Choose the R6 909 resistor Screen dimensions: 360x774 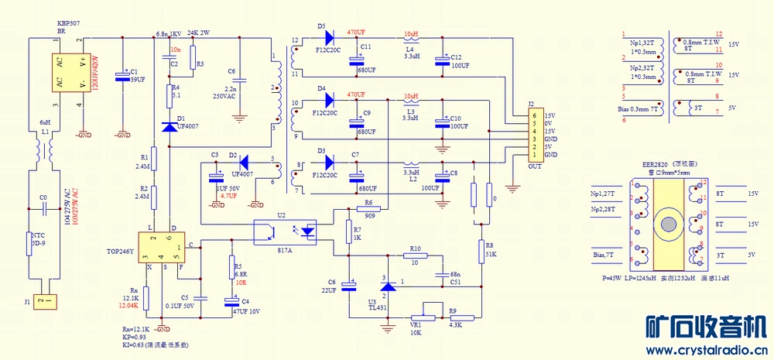point(369,208)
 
